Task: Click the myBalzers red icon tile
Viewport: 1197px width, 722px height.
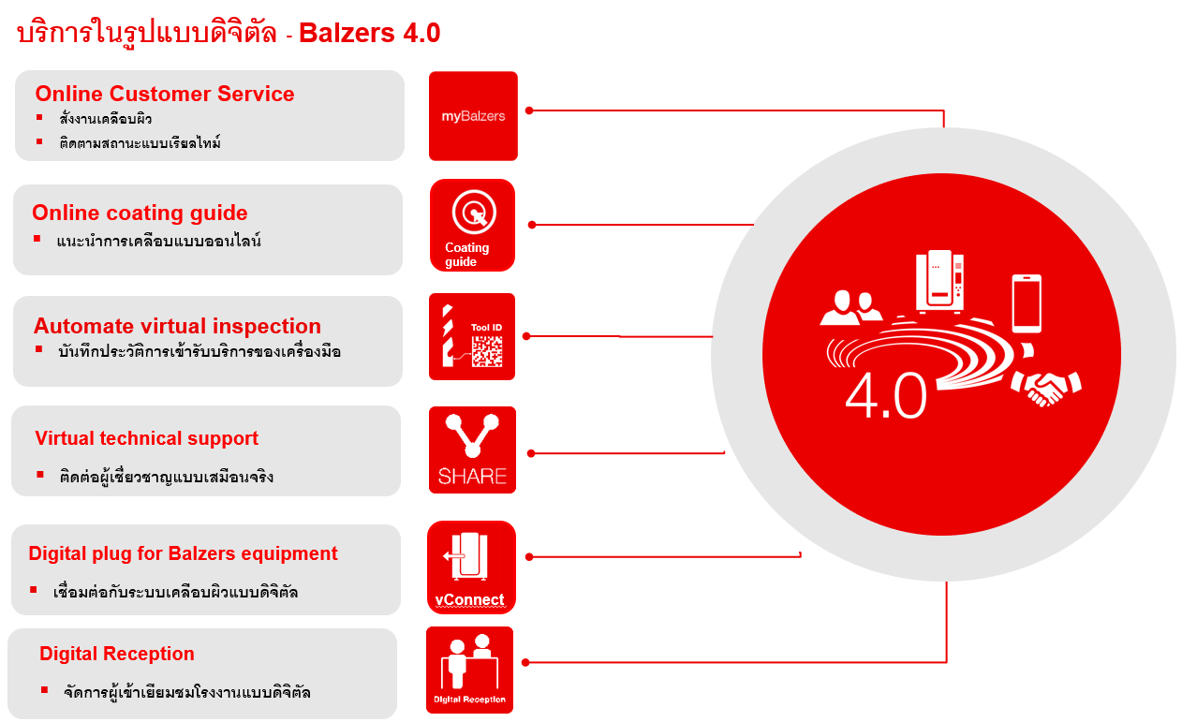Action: point(473,116)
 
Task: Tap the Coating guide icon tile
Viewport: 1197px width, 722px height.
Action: point(472,225)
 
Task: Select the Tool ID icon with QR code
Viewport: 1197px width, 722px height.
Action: point(472,337)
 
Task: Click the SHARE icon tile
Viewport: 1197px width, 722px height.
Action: point(472,450)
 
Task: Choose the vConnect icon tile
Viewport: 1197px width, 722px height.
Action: point(471,567)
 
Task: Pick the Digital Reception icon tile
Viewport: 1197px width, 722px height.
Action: point(470,670)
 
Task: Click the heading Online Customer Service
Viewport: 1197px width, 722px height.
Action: point(165,94)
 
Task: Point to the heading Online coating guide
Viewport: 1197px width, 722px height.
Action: point(140,214)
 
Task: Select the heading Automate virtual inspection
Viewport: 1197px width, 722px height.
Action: point(177,326)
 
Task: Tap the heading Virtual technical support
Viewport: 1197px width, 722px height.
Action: point(146,439)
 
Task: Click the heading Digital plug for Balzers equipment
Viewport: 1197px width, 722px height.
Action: point(184,554)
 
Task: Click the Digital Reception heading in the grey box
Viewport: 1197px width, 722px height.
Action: point(117,654)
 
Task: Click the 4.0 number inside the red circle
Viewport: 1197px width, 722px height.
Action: point(886,395)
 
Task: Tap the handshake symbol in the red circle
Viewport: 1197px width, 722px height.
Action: point(1046,387)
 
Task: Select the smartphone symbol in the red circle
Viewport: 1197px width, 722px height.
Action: point(1027,303)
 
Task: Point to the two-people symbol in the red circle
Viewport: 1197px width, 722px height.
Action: point(850,307)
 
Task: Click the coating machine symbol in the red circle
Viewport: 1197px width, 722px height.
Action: point(939,281)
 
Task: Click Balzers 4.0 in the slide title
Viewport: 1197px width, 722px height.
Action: point(369,33)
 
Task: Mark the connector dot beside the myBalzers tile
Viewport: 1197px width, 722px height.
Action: point(529,111)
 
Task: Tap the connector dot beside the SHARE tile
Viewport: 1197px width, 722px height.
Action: point(531,454)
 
